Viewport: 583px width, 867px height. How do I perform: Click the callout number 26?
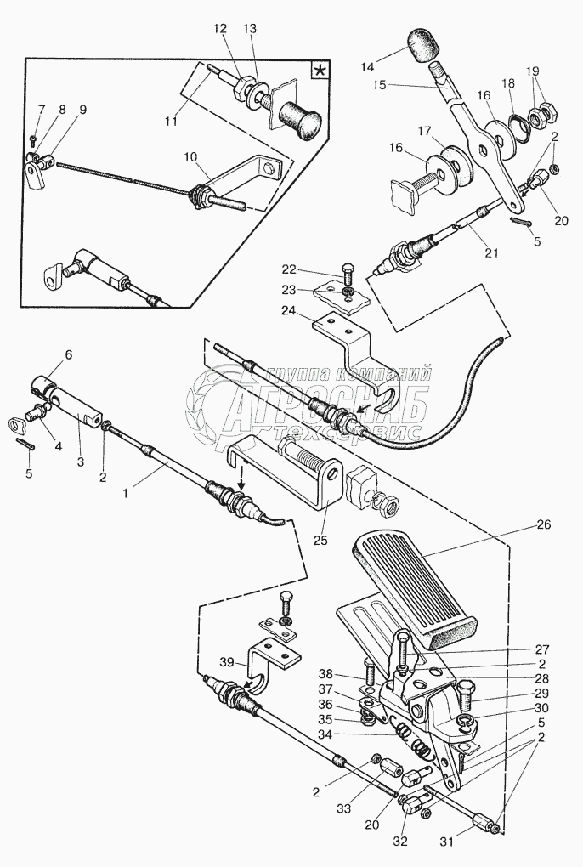tap(544, 524)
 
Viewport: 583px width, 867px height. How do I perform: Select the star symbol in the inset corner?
tap(320, 71)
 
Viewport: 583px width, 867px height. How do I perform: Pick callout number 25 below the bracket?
tap(320, 540)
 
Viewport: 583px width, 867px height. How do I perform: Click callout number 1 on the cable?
tap(126, 493)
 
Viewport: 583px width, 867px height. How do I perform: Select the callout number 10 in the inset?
tap(190, 157)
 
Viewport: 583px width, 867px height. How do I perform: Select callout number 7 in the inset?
tap(39, 109)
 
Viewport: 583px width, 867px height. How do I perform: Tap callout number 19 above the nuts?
tap(532, 71)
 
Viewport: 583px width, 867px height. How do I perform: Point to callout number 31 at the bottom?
tap(447, 841)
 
